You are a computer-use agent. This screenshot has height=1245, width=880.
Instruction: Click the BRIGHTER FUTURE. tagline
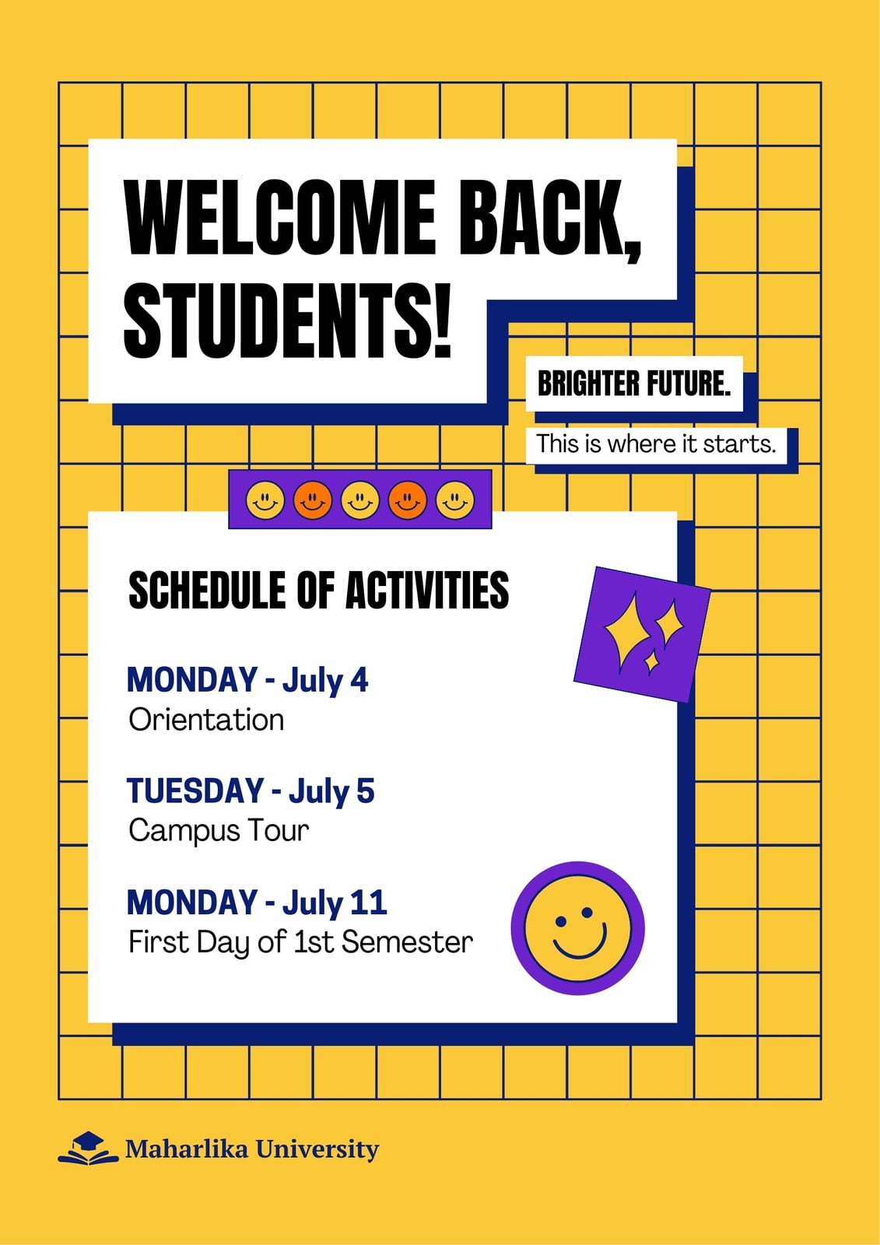[x=633, y=384]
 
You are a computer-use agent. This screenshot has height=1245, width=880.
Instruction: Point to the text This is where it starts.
[x=656, y=444]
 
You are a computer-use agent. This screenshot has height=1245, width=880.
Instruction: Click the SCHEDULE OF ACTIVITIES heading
[x=318, y=591]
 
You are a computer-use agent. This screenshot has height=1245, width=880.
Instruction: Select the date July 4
[x=325, y=681]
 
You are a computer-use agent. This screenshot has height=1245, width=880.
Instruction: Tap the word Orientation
[x=206, y=720]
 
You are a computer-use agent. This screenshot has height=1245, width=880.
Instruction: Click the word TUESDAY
[x=195, y=791]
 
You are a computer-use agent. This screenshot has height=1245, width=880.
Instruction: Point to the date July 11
[x=335, y=903]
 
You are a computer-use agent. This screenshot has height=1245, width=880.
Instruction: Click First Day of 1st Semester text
[x=301, y=942]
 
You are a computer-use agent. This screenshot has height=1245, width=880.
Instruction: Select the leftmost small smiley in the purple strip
[x=265, y=500]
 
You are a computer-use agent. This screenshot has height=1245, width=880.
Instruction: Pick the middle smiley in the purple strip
[x=360, y=500]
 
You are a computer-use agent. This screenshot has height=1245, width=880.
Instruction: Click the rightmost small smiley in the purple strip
[x=455, y=500]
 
